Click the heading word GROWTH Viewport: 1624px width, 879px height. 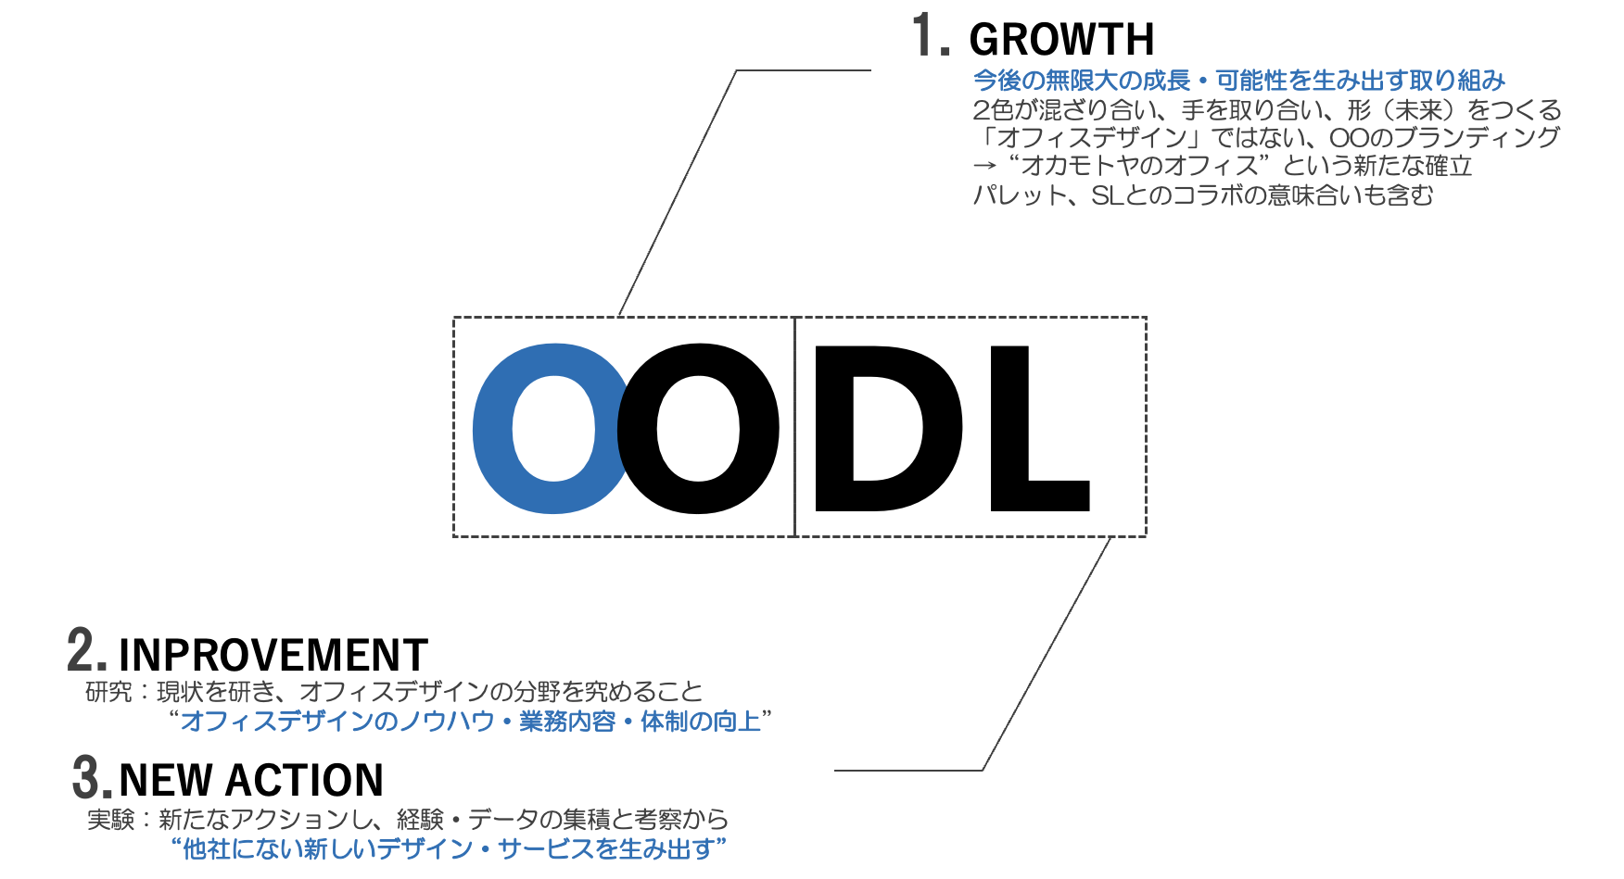tap(1061, 40)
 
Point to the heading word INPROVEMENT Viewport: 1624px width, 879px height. tap(273, 655)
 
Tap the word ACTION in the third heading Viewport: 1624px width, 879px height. tap(305, 780)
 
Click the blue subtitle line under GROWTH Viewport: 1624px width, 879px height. tap(1239, 81)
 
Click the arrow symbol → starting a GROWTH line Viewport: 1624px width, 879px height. tap(984, 167)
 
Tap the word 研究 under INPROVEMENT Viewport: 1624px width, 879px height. tap(108, 692)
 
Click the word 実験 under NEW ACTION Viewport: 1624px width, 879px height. tap(111, 820)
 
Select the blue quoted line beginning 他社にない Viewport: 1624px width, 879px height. tap(449, 848)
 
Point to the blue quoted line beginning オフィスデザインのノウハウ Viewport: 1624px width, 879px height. tap(471, 721)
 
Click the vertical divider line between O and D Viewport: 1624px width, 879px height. tap(795, 427)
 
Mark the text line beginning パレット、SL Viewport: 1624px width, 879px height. tap(1203, 195)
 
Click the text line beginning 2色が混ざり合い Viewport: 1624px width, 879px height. tap(1267, 110)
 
